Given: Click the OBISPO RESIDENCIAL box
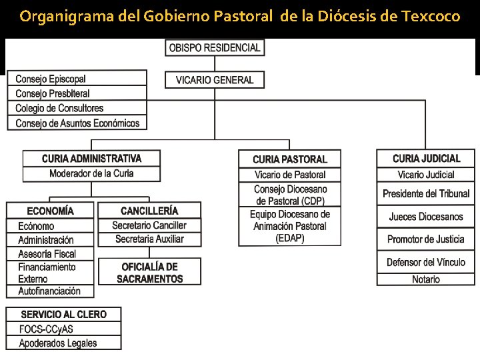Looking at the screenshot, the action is pos(214,48).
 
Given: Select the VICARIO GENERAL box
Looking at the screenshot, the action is pos(214,80).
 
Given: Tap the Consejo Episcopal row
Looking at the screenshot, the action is pos(77,79).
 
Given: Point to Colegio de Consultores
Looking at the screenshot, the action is pos(77,108).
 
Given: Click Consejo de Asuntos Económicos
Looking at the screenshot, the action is pos(77,123).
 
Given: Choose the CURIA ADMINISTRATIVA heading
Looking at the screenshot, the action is pos(92,159).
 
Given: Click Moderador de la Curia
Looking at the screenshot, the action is pos(92,173).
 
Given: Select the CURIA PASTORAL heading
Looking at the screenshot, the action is pos(289,159).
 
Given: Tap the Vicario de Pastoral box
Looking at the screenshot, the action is pos(289,175).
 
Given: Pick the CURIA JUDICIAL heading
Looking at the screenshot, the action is pos(426,159).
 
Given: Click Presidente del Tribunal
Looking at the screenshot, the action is pos(426,194).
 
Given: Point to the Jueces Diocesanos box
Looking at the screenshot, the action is pos(426,217).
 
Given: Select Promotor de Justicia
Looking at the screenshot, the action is pos(426,239).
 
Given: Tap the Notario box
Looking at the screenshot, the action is pos(426,279).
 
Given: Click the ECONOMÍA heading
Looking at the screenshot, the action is pos(51,211).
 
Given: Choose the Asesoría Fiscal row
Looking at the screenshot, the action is pos(51,253).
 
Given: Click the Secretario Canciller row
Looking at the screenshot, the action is pos(149,225).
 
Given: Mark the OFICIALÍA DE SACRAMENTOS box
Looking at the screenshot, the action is pos(149,272).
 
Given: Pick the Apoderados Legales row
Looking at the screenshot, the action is pos(64,343).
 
